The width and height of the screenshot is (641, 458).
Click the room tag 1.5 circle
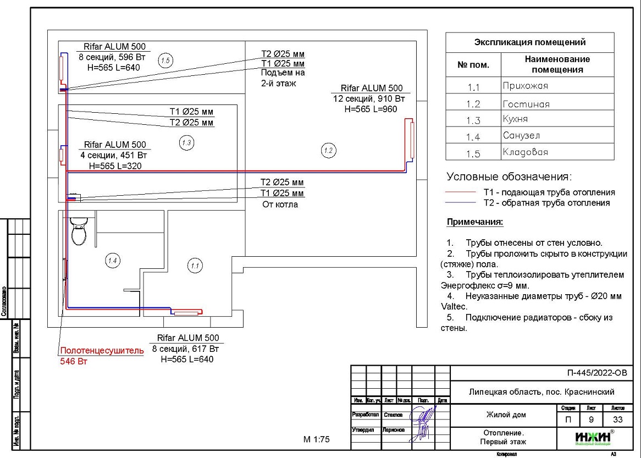[165, 60]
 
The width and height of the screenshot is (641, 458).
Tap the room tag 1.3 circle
[186, 143]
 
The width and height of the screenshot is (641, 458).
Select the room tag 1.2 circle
[329, 150]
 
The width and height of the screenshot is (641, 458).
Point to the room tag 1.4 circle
[112, 260]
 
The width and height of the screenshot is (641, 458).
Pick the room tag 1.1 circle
[195, 266]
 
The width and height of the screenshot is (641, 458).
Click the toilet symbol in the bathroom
[79, 231]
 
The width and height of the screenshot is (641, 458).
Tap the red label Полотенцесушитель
[102, 350]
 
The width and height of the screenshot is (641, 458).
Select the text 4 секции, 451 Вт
[114, 155]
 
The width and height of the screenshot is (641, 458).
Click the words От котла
[280, 205]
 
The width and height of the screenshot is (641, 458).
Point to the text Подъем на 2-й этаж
[283, 78]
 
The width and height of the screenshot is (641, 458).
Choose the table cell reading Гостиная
[526, 104]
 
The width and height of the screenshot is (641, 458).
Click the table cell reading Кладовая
[525, 152]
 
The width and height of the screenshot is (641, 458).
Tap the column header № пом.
[473, 64]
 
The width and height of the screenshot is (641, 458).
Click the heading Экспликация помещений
[529, 42]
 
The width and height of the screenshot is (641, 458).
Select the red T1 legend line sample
[460, 192]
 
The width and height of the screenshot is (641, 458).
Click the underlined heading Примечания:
[475, 222]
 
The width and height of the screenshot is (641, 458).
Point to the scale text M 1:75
[316, 439]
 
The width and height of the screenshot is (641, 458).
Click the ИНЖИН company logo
[592, 437]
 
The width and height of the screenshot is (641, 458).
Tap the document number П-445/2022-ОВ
[596, 373]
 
